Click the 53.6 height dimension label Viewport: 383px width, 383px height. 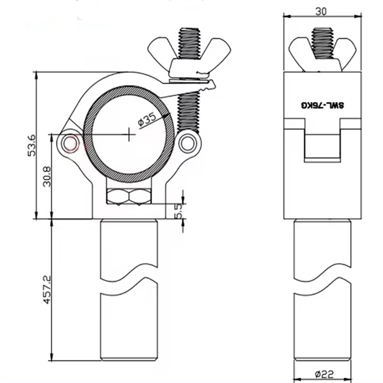click(32, 145)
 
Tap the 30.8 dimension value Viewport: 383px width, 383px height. click(47, 176)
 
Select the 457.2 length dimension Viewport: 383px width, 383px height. click(47, 290)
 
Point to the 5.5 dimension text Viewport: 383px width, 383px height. click(179, 211)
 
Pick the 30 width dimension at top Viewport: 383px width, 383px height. click(321, 11)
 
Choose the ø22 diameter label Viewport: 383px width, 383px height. click(324, 374)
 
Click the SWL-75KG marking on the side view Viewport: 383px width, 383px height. click(322, 105)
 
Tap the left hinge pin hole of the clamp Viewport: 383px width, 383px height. click(70, 143)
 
